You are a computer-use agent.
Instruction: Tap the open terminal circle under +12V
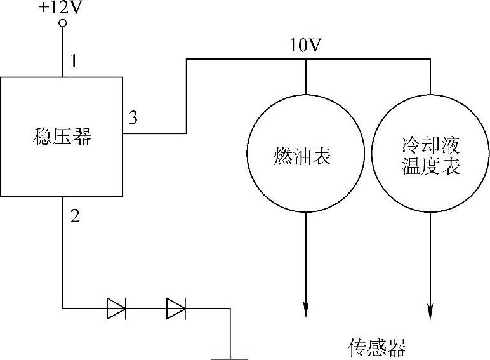click(x=62, y=24)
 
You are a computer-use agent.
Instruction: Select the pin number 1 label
click(x=74, y=62)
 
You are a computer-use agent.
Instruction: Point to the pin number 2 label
click(x=75, y=216)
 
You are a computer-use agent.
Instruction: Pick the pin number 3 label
click(x=133, y=117)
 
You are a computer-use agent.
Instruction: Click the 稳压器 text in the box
click(x=62, y=137)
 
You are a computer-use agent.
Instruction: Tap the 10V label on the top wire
click(x=306, y=46)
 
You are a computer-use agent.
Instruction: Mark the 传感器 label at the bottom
click(x=377, y=347)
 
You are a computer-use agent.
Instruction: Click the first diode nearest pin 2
click(x=116, y=309)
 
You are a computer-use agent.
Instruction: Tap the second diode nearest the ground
click(x=176, y=309)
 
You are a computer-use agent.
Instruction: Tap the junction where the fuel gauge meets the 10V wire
click(x=306, y=60)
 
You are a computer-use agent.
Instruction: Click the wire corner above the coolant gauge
click(x=430, y=60)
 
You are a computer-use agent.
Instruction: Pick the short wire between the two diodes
click(x=146, y=309)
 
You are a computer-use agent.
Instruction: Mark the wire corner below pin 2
click(x=63, y=309)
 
